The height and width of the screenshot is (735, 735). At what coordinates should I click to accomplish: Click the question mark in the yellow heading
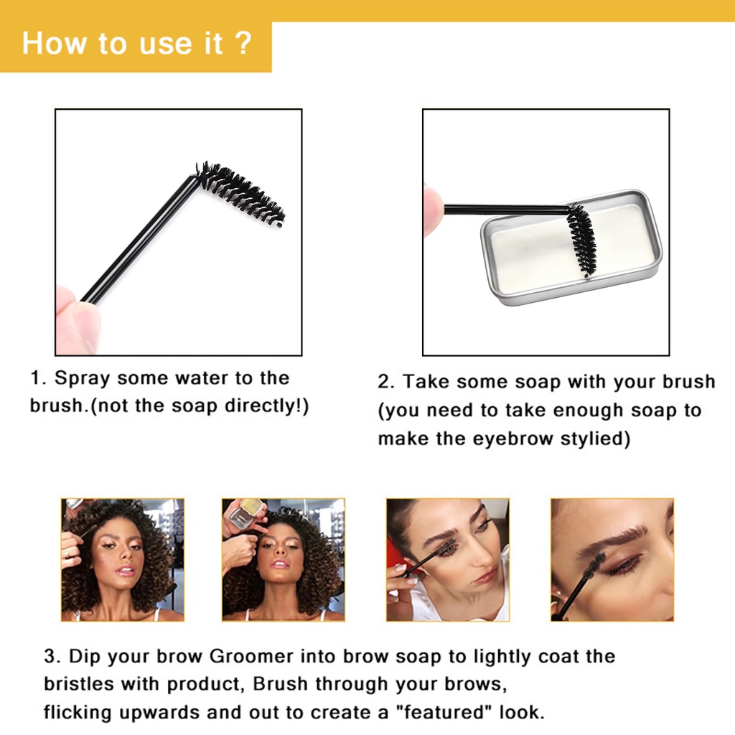pyautogui.click(x=243, y=43)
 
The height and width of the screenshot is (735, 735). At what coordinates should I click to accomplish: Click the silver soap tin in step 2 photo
pyautogui.click(x=572, y=247)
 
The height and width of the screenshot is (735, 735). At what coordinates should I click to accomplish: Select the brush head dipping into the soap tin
pyautogui.click(x=581, y=240)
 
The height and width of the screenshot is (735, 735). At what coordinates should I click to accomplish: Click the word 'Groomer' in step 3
pyautogui.click(x=251, y=656)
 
